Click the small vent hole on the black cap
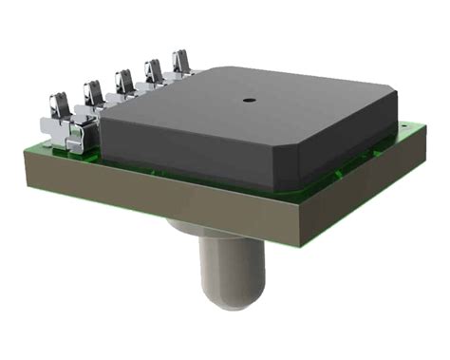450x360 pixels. (248, 97)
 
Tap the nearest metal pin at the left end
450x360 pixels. (60, 114)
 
